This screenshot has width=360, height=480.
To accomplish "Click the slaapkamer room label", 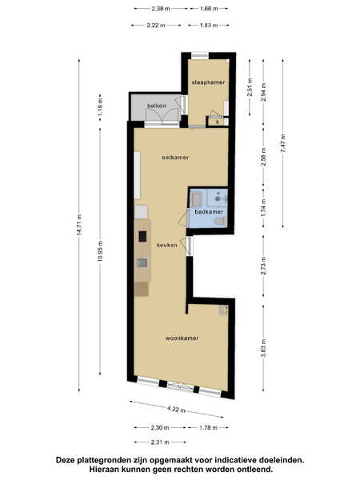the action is [209, 82].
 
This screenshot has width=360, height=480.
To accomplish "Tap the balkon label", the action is [157, 106].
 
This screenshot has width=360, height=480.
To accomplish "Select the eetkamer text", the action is [175, 158].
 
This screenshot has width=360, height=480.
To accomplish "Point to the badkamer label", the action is [209, 212].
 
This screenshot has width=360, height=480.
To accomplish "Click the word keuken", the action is [167, 246].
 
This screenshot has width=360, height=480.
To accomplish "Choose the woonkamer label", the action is [182, 338].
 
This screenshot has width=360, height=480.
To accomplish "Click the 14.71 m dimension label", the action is [79, 225].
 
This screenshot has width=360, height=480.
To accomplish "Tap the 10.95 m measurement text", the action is [101, 251].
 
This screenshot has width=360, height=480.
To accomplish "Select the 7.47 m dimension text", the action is [283, 143].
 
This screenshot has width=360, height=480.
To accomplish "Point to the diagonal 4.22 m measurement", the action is [176, 410].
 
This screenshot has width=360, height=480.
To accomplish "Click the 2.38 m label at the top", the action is [161, 9].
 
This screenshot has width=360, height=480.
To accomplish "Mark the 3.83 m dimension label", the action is [263, 348].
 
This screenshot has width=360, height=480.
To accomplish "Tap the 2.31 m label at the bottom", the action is [160, 442].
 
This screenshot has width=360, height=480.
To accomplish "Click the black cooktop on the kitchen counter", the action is [142, 236].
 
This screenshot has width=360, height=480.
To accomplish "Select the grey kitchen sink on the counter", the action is [142, 262].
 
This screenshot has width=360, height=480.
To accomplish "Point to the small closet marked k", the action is [218, 122].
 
